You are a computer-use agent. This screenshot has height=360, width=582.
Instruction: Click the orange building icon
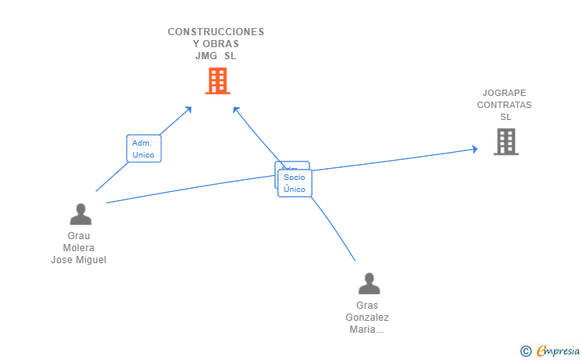pyautogui.click(x=217, y=81)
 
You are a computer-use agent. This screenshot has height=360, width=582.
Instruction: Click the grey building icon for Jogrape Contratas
pyautogui.click(x=505, y=142)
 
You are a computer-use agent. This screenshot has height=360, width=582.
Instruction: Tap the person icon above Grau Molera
pyautogui.click(x=80, y=214)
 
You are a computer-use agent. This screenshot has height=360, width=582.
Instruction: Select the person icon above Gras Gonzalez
pyautogui.click(x=369, y=284)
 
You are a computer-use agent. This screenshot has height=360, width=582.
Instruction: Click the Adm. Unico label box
pyautogui.click(x=144, y=149)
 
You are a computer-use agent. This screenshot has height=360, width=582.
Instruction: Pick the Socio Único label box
pyautogui.click(x=295, y=183)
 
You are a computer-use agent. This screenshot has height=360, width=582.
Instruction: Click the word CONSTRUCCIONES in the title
pyautogui.click(x=216, y=32)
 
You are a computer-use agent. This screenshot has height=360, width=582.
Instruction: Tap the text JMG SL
pyautogui.click(x=216, y=56)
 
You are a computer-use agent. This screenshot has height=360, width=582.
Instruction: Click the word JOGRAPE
pyautogui.click(x=504, y=93)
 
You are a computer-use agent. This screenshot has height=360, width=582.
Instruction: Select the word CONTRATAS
pyautogui.click(x=504, y=105)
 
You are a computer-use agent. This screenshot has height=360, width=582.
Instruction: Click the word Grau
pyautogui.click(x=79, y=236)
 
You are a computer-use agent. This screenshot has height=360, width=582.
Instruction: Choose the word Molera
pyautogui.click(x=79, y=248)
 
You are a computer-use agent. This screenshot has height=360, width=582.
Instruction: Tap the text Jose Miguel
pyautogui.click(x=79, y=260)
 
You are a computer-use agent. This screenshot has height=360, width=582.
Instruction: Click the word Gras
pyautogui.click(x=368, y=306)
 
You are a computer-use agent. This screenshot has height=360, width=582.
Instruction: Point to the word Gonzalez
pyautogui.click(x=368, y=318)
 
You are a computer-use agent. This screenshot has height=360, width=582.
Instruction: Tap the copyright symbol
pyautogui.click(x=526, y=350)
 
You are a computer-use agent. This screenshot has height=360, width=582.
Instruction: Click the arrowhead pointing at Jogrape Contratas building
pyautogui.click(x=474, y=149)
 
